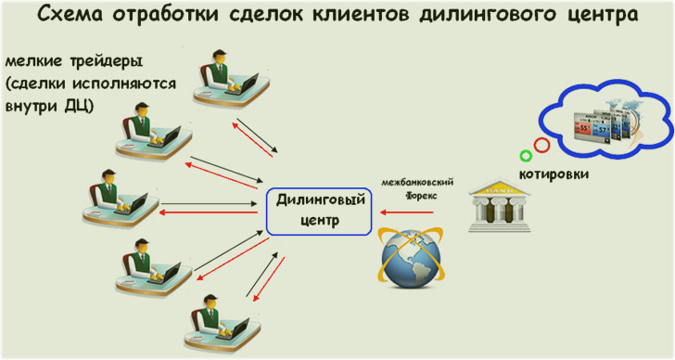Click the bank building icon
click(x=502, y=199)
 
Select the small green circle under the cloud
click(x=526, y=156)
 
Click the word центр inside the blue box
click(x=319, y=221)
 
